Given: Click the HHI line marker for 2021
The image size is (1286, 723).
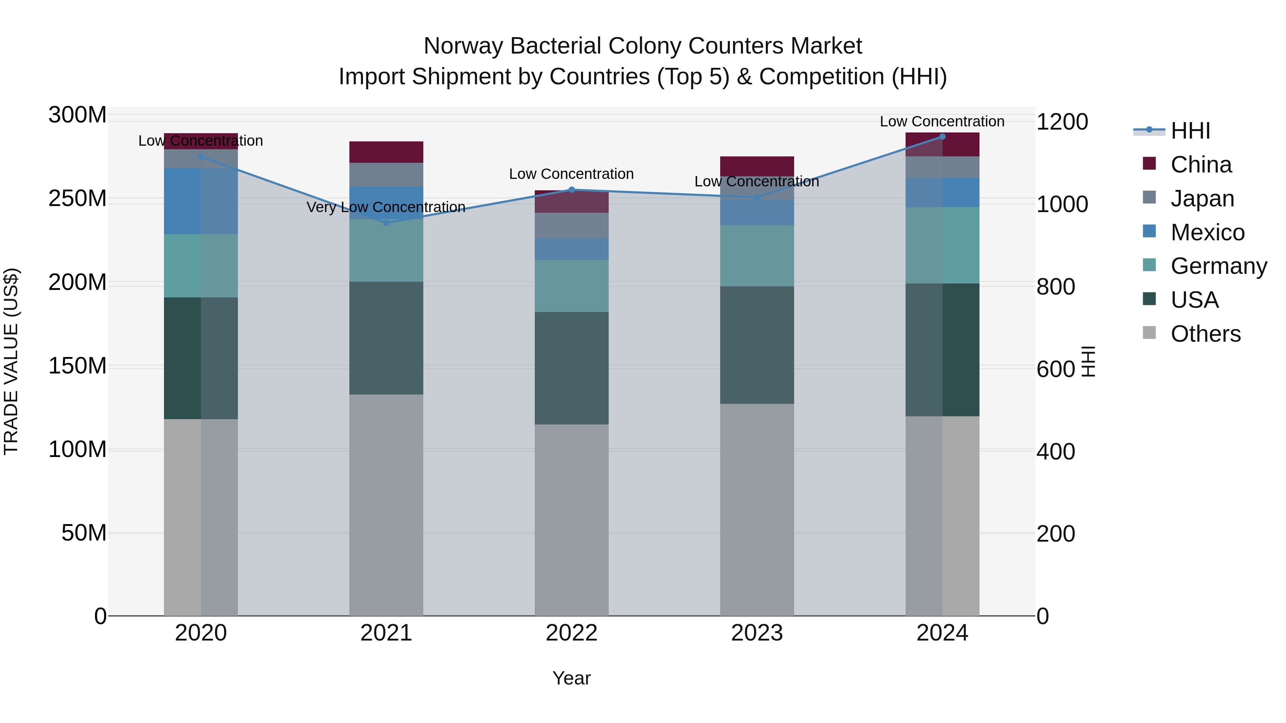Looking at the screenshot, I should tap(386, 222).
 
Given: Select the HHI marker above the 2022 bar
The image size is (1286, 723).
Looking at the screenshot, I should tap(572, 190).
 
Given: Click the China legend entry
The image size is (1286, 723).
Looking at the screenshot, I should tap(1201, 165).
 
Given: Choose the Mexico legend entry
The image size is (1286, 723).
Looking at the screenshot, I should tap(1207, 232).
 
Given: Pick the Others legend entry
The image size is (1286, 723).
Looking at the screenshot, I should tap(1205, 334).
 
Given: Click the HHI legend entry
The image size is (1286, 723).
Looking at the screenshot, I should tap(1190, 131).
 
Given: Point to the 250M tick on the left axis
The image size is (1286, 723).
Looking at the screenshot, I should tap(78, 199).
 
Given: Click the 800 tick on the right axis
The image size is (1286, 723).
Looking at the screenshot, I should tap(1055, 287).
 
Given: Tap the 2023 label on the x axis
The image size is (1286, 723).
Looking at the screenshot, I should tap(757, 633).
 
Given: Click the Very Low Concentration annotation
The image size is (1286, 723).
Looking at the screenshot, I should tap(386, 207).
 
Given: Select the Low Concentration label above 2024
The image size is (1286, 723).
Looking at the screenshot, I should tap(942, 121).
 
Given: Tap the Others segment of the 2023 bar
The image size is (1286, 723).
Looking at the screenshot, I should tap(757, 509).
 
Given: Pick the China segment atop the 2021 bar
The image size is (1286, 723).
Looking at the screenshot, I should tap(386, 152).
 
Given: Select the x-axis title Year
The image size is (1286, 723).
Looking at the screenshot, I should tap(572, 678).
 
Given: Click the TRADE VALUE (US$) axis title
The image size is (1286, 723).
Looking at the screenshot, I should tap(11, 361).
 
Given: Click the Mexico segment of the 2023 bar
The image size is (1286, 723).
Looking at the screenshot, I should tap(757, 212).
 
